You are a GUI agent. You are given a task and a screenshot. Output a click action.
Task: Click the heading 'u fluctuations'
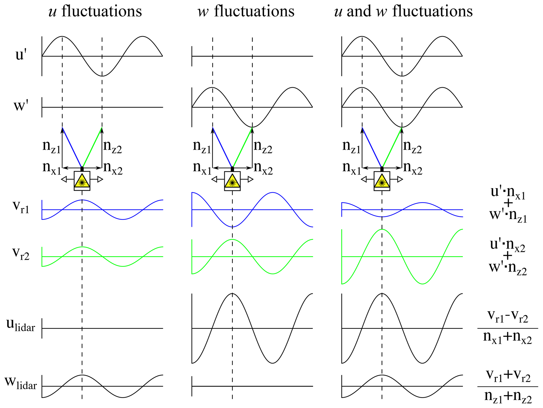pyautogui.click(x=95, y=12)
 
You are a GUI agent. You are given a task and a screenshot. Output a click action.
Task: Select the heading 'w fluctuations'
pyautogui.click(x=246, y=12)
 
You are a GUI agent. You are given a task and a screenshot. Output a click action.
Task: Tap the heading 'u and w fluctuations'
pyautogui.click(x=403, y=12)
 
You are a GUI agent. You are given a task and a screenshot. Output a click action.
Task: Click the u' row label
pyautogui.click(x=21, y=55)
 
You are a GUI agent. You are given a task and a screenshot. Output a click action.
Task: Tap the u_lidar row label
pyautogui.click(x=20, y=325)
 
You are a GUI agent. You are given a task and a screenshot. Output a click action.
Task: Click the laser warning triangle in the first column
pyautogui.click(x=82, y=181)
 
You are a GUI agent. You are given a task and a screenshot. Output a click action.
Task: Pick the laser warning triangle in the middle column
pyautogui.click(x=232, y=181)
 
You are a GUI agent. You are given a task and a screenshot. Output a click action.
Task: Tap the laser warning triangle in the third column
pyautogui.click(x=382, y=181)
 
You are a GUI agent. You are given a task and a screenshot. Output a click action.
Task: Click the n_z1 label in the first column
pyautogui.click(x=51, y=146)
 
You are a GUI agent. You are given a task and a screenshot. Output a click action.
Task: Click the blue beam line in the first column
pyautogui.click(x=72, y=147)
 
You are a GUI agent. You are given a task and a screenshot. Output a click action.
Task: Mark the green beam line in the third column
pyautogui.click(x=392, y=147)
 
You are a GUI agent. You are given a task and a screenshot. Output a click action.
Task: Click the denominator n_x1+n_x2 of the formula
pyautogui.click(x=507, y=338)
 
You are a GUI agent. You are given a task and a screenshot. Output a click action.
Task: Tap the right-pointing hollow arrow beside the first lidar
pyautogui.click(x=100, y=179)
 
